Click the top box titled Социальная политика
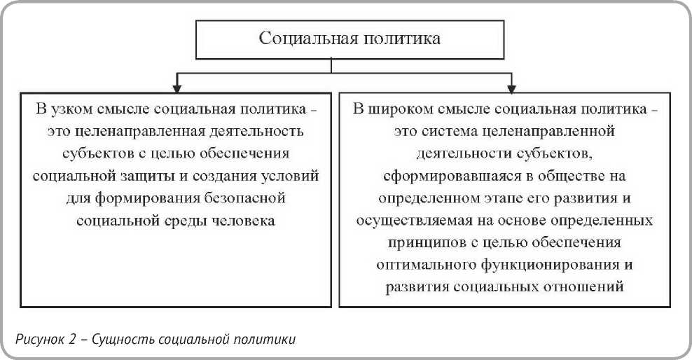pos(350,39)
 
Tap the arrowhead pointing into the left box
pos(176,88)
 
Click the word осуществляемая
pos(410,220)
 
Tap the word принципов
pos(420,242)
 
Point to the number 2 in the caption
pos(72,340)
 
